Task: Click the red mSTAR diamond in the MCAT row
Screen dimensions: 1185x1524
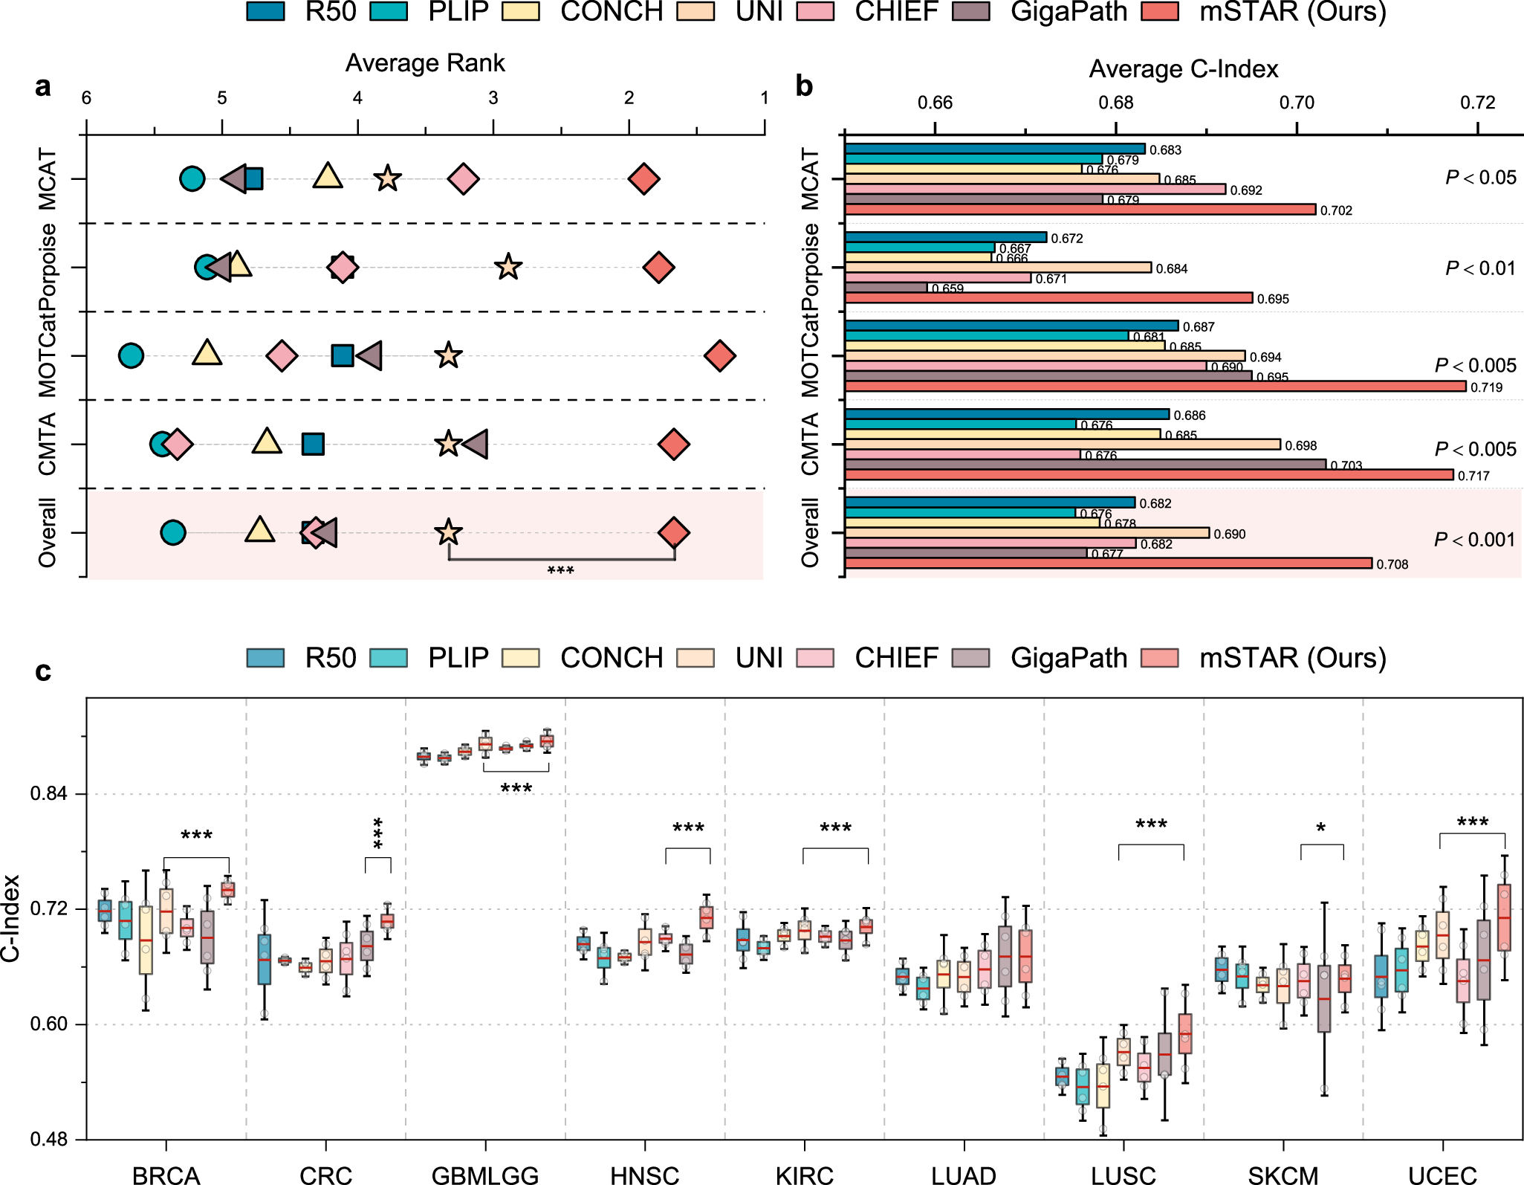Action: coord(643,179)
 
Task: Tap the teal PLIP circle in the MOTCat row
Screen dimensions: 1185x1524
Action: coord(131,356)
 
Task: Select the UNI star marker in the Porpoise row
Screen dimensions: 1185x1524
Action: coord(508,267)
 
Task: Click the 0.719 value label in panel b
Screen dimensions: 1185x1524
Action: coord(1486,387)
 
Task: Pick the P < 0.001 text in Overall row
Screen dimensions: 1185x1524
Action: coord(1474,540)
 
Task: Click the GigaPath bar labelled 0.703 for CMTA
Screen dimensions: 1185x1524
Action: coord(1085,465)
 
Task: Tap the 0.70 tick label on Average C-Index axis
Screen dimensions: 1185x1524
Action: coord(1297,103)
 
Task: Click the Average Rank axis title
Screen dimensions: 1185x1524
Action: coord(425,63)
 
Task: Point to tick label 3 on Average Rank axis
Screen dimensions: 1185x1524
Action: coord(493,98)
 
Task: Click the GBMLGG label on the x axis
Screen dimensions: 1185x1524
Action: coord(485,1175)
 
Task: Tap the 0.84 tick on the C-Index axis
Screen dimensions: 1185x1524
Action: coord(49,794)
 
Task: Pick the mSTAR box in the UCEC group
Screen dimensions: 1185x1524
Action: coord(1504,917)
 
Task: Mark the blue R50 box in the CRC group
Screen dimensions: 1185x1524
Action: coord(264,959)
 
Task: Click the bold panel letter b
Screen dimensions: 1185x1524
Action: coord(804,86)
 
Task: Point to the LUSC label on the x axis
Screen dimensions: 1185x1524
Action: coord(1123,1175)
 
